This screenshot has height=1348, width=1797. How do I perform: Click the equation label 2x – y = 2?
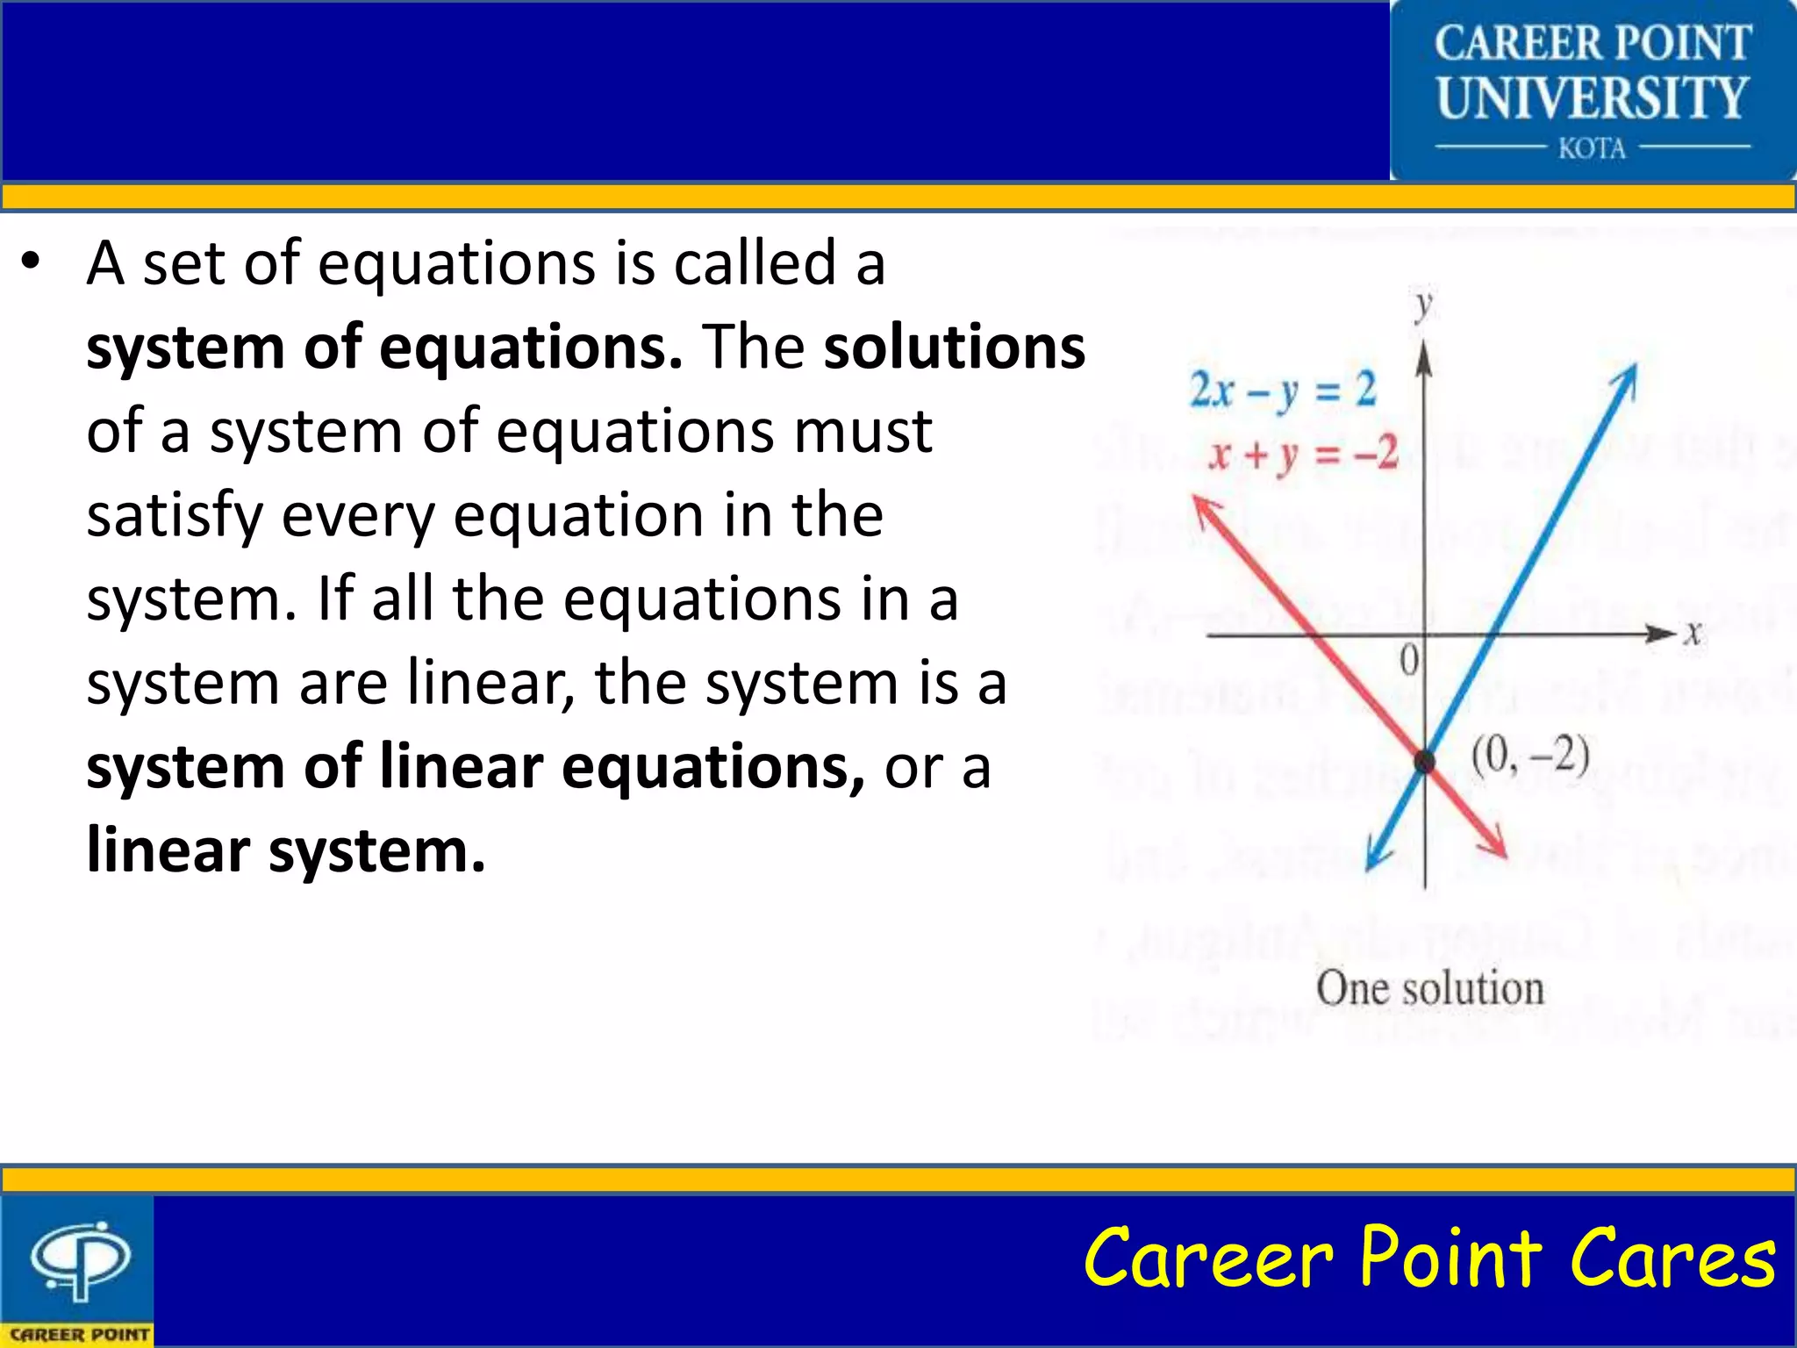click(1282, 390)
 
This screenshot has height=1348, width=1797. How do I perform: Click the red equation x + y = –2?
click(1302, 455)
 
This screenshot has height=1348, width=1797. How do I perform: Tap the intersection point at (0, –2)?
click(1424, 761)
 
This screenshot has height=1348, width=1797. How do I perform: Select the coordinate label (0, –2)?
click(1529, 756)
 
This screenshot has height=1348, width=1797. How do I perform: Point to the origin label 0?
click(1408, 660)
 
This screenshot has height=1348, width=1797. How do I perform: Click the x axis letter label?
click(1693, 633)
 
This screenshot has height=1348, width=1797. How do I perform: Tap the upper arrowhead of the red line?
click(1204, 509)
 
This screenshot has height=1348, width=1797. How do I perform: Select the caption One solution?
click(1429, 988)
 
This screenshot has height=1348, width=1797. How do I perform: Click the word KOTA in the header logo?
click(1592, 148)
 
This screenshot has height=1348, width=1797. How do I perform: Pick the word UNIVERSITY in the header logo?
click(1592, 97)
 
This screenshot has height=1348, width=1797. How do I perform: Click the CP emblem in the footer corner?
click(79, 1260)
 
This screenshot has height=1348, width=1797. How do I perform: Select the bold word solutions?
click(954, 347)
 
